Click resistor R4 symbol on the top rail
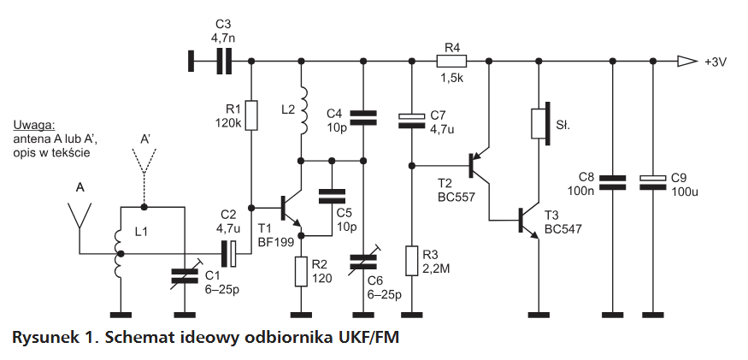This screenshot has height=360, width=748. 451,61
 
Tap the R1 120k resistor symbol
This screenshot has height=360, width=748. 252,115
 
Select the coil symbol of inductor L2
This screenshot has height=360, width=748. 302,111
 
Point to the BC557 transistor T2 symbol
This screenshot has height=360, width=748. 480,165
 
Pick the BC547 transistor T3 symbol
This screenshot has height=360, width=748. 529,220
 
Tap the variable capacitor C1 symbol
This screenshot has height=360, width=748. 185,276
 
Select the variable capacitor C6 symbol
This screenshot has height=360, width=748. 363,261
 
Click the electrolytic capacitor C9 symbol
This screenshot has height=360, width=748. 652,181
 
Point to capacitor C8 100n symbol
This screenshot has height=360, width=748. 613,182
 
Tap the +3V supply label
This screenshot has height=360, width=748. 716,62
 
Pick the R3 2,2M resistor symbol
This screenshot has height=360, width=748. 412,261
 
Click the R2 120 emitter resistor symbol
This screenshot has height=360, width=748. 301,271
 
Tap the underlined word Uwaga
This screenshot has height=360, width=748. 34,126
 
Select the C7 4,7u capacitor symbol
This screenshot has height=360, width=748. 412,121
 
